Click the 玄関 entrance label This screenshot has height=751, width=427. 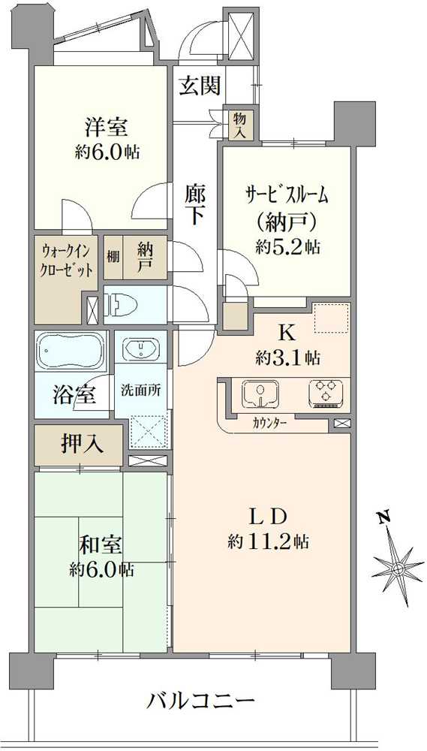tap(200, 86)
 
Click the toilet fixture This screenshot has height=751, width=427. tap(122, 305)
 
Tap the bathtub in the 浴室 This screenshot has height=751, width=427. tap(71, 350)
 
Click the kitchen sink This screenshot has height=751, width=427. tap(260, 394)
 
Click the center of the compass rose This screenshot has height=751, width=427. tap(398, 569)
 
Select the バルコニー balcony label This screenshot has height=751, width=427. tap(200, 703)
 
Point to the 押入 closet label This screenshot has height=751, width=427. tap(82, 444)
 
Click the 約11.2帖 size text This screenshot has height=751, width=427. tap(268, 541)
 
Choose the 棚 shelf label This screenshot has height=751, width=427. tap(113, 257)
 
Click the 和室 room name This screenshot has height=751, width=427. tap(100, 546)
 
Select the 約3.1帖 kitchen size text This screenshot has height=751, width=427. tap(287, 357)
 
